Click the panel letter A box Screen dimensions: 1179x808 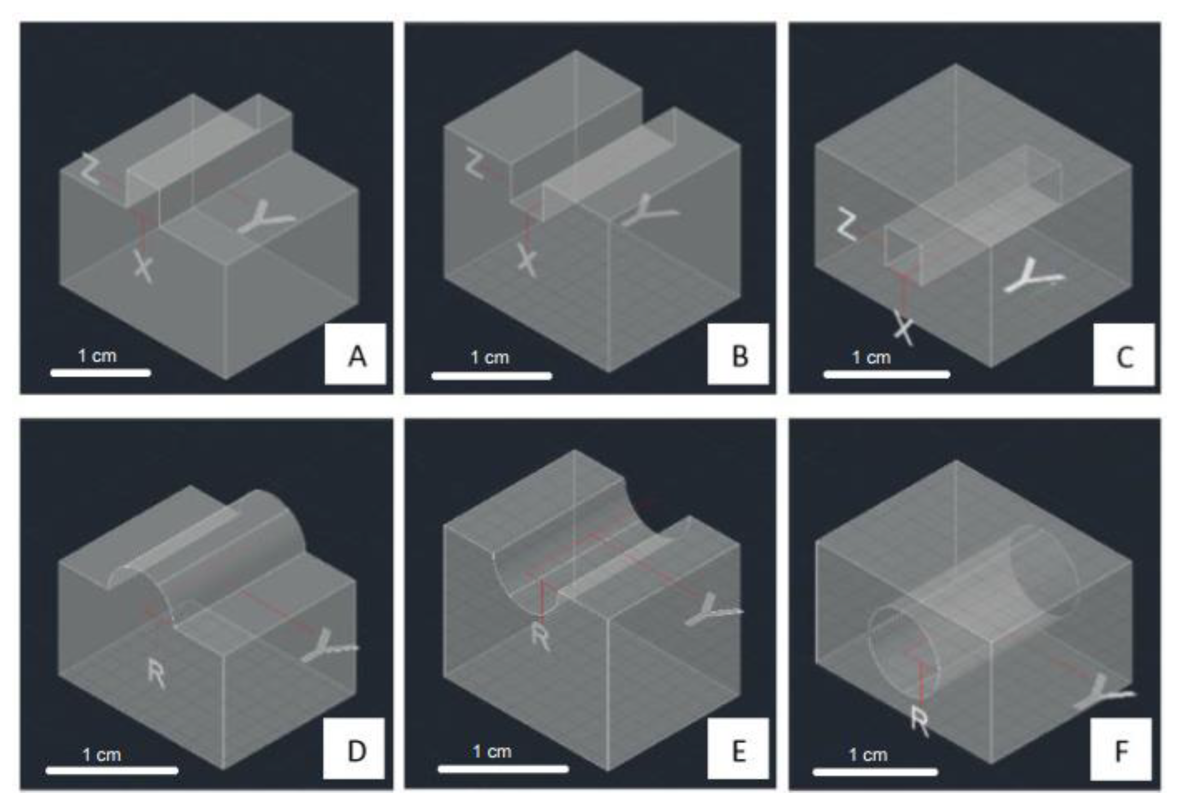tap(355, 354)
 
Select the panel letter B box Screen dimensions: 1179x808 tap(738, 354)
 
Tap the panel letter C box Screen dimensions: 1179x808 tap(1124, 355)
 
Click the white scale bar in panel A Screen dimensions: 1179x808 tap(101, 373)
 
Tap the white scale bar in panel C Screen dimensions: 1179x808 tap(887, 375)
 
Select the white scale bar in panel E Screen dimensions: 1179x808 tap(503, 769)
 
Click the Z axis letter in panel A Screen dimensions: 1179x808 tap(90, 168)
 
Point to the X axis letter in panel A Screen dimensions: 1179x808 tap(144, 266)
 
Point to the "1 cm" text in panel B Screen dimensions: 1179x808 tap(490, 357)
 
